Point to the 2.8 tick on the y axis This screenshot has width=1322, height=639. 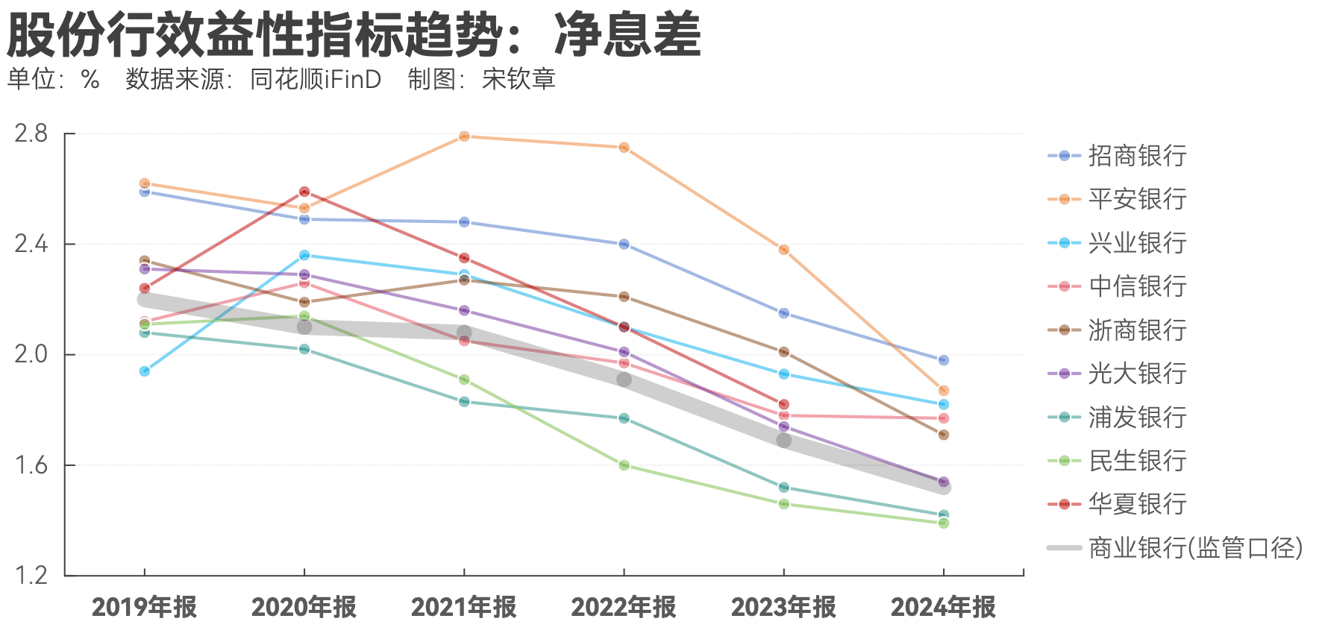31,134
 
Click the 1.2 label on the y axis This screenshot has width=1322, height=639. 31,575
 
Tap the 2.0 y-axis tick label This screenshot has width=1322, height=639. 31,354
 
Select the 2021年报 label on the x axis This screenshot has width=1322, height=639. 463,607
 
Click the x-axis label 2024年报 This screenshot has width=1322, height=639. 943,607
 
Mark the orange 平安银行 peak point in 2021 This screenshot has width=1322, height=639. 464,136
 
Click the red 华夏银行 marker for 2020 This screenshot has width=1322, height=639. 304,192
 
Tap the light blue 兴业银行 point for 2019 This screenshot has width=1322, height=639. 145,371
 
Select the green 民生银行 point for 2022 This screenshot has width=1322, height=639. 624,465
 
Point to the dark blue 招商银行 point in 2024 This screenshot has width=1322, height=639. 944,360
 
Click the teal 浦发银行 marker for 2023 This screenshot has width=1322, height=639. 784,488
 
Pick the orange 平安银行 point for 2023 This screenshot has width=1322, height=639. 784,250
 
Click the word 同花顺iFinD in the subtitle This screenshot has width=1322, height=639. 315,79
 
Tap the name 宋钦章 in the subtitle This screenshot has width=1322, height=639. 519,79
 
